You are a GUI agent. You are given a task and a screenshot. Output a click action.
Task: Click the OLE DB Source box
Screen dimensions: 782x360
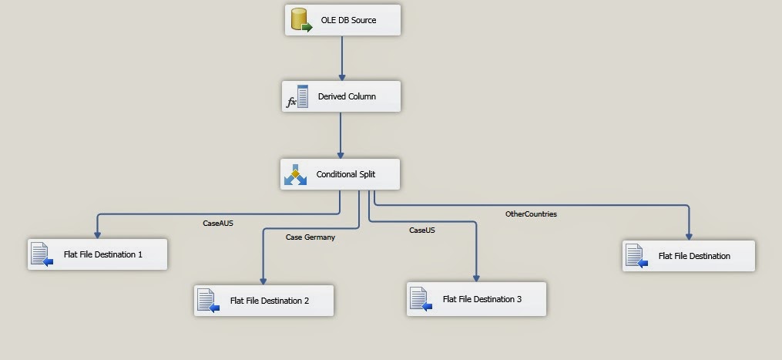coord(343,20)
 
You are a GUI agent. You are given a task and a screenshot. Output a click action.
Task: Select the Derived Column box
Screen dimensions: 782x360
coord(341,96)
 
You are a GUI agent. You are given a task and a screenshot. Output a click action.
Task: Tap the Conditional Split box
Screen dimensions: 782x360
coord(340,174)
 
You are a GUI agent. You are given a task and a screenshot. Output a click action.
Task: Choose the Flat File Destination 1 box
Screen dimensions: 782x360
coord(97,254)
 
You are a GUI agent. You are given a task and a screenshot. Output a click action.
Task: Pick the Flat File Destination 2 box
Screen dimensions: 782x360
coord(263,301)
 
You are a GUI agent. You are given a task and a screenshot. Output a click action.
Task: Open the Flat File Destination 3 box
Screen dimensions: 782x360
coord(476,299)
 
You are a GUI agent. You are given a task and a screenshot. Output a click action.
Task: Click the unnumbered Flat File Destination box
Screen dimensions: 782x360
coord(689,256)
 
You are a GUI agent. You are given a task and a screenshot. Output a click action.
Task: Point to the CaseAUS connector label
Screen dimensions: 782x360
coord(218,224)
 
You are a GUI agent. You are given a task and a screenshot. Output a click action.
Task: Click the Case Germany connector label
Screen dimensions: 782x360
coord(310,237)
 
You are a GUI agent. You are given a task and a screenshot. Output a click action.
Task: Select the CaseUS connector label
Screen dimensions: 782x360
coord(422,230)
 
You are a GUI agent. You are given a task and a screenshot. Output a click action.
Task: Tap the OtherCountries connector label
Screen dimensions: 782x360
coord(531,214)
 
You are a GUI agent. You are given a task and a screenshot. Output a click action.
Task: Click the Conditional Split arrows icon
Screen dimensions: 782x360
coord(295,174)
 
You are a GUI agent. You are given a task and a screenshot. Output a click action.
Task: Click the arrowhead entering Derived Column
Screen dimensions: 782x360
coord(342,77)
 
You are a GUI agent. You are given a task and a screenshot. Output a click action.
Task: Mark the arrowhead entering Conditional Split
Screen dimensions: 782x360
coord(341,155)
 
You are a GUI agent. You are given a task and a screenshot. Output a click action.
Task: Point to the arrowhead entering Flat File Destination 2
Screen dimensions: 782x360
coord(263,281)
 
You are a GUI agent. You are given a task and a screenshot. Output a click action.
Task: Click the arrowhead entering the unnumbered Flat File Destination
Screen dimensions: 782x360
coord(689,237)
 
